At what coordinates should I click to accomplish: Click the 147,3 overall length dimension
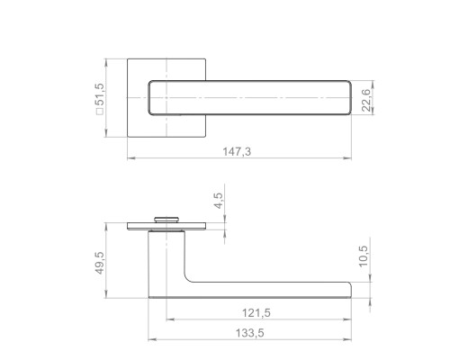pyautogui.click(x=237, y=152)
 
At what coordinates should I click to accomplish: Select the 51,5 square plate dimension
pyautogui.click(x=99, y=94)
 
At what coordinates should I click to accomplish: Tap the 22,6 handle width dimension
pyautogui.click(x=366, y=100)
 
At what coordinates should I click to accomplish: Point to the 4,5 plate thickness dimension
pyautogui.click(x=219, y=201)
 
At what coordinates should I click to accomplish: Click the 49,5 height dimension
pyautogui.click(x=99, y=263)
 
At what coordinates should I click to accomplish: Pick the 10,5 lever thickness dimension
pyautogui.click(x=363, y=256)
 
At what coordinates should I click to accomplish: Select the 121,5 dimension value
pyautogui.click(x=256, y=313)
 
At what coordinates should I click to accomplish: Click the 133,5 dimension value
pyautogui.click(x=250, y=333)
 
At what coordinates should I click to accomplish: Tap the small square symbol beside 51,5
pyautogui.click(x=99, y=112)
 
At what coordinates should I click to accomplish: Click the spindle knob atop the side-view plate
pyautogui.click(x=166, y=220)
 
